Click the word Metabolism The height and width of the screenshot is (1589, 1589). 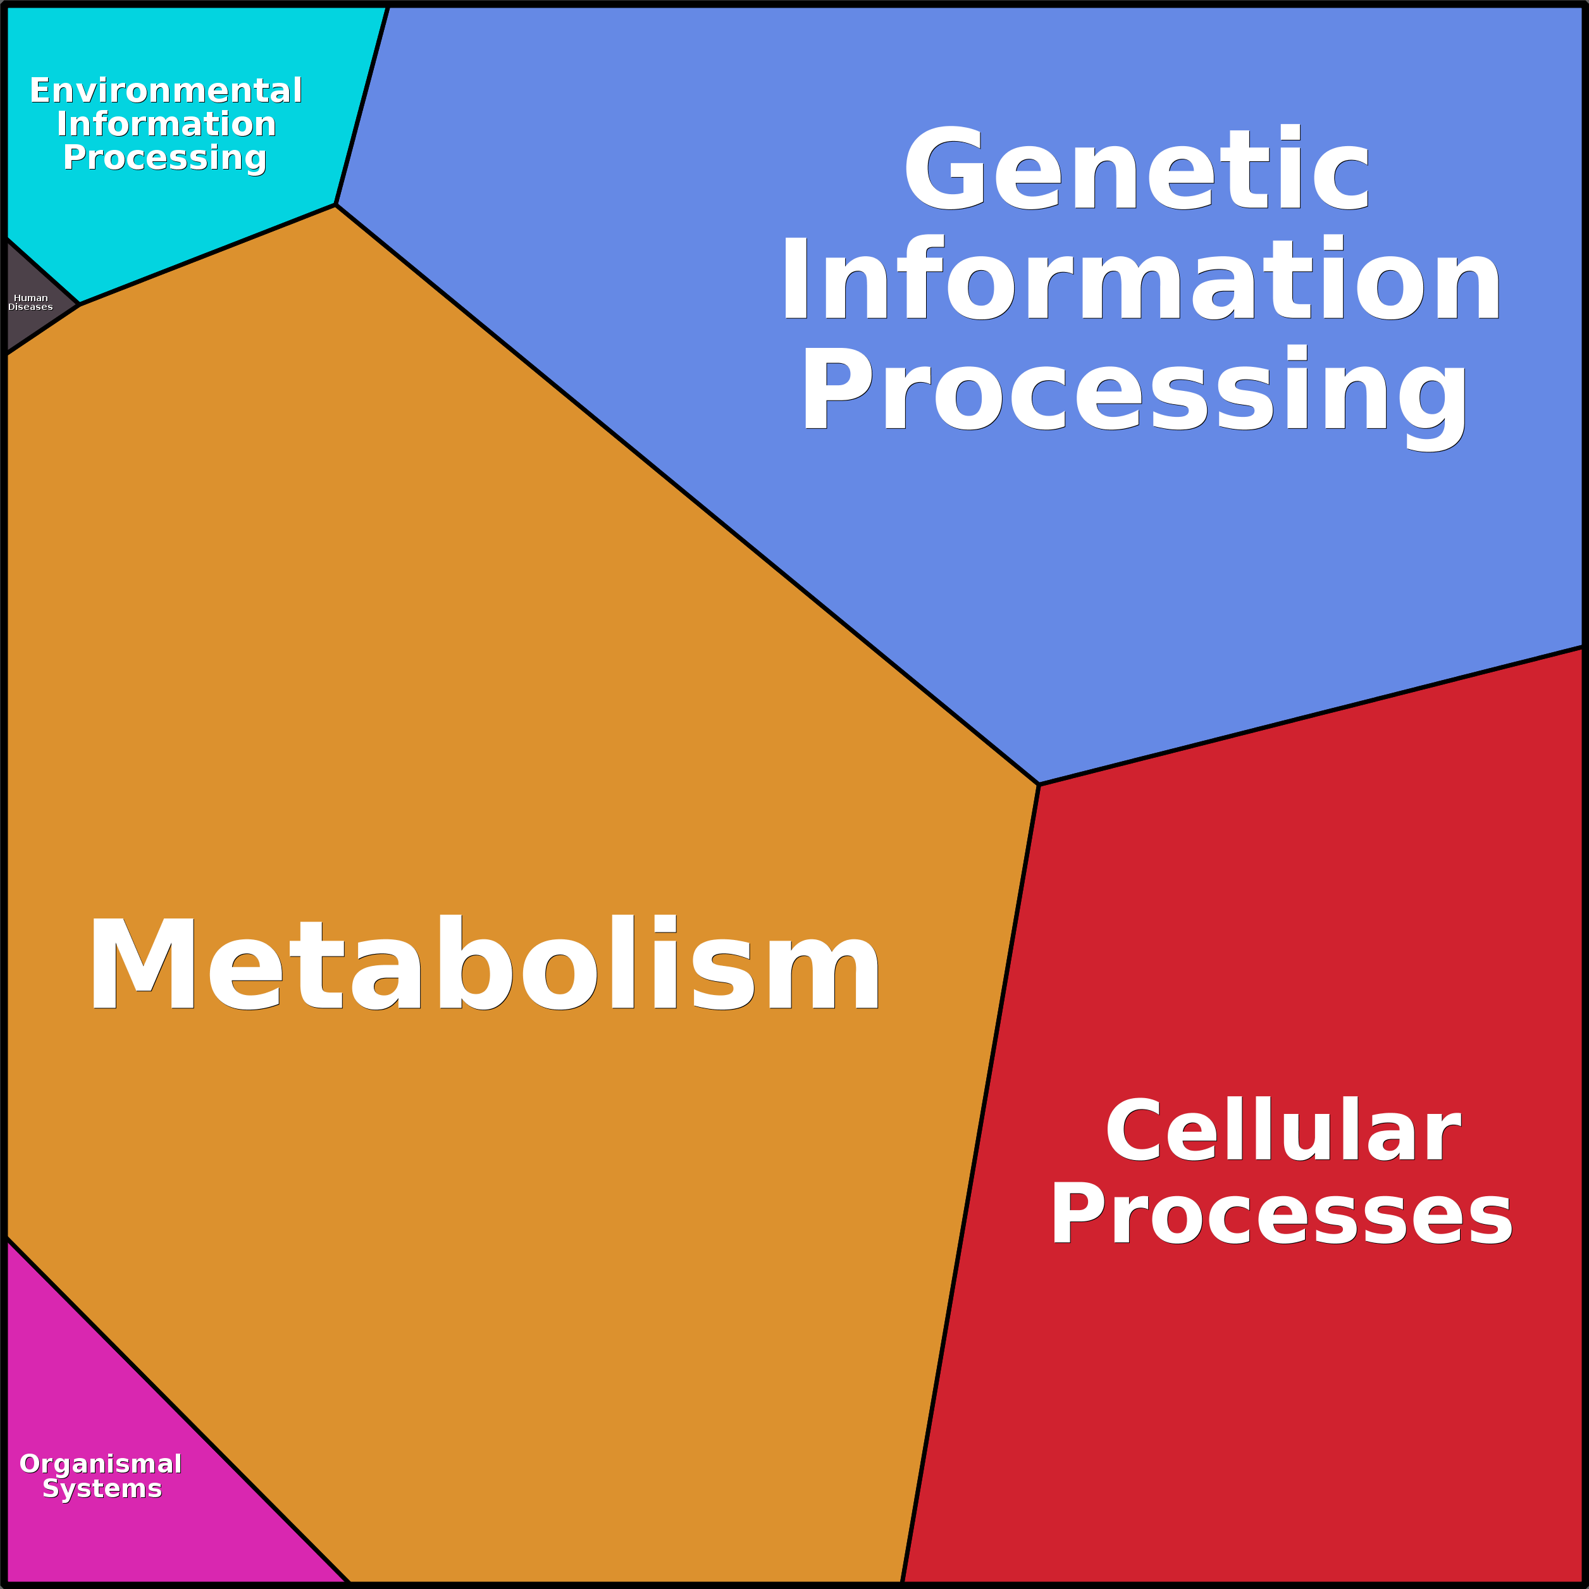click(485, 961)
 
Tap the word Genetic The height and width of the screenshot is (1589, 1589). click(1137, 168)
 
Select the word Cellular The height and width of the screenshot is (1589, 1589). click(1282, 1130)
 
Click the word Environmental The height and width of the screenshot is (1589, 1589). click(165, 90)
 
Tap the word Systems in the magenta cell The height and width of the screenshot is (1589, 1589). click(102, 1488)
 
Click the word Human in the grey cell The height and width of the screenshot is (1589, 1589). click(30, 298)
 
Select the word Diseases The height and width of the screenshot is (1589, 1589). click(30, 307)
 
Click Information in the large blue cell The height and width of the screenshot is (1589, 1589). click(1141, 278)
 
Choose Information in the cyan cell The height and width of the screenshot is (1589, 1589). click(166, 123)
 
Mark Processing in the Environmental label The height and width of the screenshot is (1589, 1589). click(164, 157)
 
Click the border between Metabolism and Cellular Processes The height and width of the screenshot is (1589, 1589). click(970, 1184)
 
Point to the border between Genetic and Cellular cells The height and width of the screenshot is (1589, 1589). click(1311, 715)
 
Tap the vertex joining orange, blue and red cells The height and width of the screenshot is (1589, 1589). click(1039, 784)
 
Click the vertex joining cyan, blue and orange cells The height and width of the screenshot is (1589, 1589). click(335, 205)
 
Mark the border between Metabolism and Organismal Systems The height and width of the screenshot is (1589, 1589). click(178, 1411)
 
